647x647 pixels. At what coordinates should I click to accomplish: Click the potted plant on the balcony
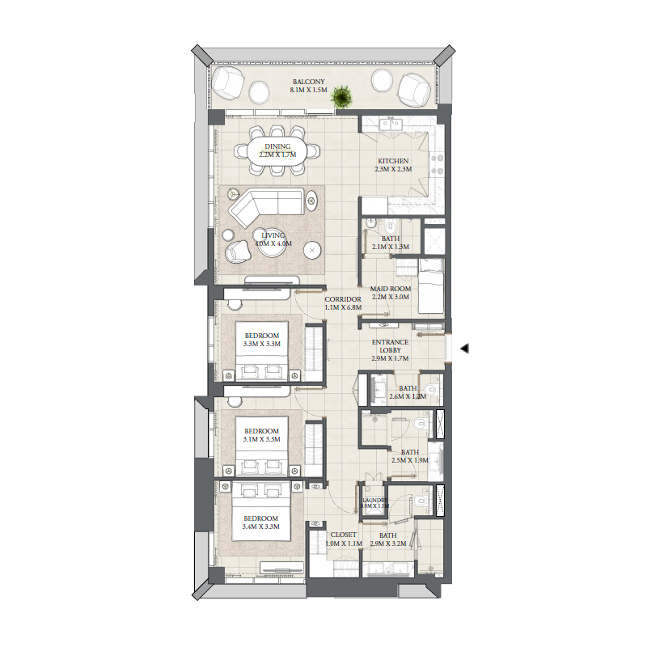pyautogui.click(x=343, y=97)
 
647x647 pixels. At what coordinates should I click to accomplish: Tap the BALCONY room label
pyautogui.click(x=309, y=82)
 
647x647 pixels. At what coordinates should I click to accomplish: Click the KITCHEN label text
pyautogui.click(x=393, y=161)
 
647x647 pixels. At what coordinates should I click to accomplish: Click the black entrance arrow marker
pyautogui.click(x=465, y=348)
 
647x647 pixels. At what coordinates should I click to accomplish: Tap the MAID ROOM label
pyautogui.click(x=391, y=289)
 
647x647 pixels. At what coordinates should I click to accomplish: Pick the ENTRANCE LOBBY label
pyautogui.click(x=391, y=346)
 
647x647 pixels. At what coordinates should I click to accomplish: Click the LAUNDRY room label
pyautogui.click(x=375, y=501)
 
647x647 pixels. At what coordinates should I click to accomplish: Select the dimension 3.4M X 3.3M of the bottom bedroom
pyautogui.click(x=260, y=527)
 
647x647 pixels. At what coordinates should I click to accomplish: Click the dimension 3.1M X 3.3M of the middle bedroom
pyautogui.click(x=261, y=440)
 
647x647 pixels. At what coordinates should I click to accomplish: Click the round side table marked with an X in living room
pyautogui.click(x=313, y=251)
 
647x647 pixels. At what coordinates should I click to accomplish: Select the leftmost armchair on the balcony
pyautogui.click(x=227, y=82)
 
